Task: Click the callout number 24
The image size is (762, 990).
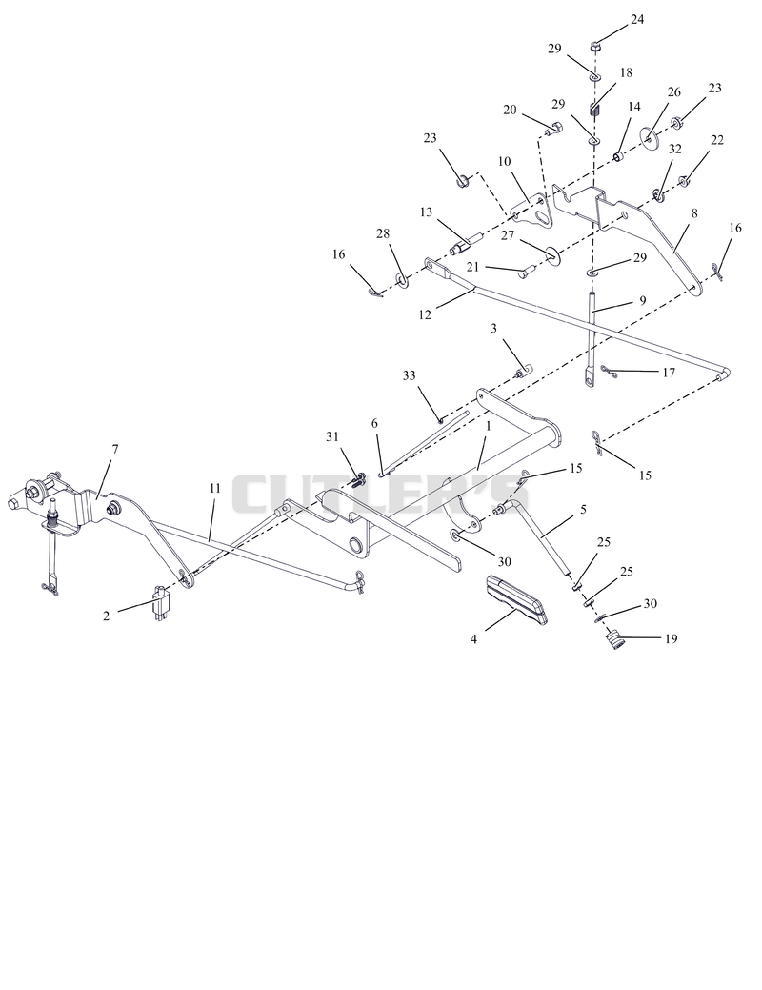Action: [637, 20]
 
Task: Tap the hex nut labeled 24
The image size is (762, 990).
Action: [594, 46]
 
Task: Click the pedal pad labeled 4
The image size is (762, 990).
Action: [516, 599]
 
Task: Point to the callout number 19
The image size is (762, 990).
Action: [671, 638]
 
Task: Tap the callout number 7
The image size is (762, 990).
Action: [114, 449]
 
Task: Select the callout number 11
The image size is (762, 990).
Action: [215, 488]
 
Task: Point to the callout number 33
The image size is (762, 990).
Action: [409, 375]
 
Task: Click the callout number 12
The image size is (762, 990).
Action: [425, 313]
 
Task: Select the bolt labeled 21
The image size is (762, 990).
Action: [527, 273]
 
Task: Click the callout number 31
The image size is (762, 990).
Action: [332, 436]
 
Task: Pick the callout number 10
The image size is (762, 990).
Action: [504, 162]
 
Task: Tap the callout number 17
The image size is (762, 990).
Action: [668, 373]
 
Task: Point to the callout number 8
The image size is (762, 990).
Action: [694, 213]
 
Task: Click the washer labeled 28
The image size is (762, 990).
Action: [400, 278]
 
